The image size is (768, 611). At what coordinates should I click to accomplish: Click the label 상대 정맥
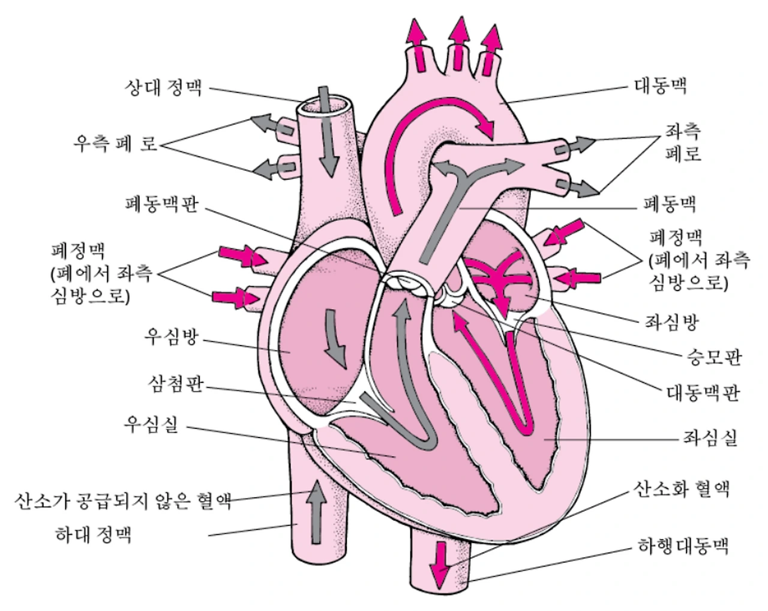(x=163, y=88)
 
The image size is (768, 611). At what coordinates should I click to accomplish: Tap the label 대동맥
(x=660, y=85)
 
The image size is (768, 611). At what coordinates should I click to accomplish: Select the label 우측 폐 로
(x=116, y=144)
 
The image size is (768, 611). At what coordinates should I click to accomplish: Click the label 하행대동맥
(x=682, y=547)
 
